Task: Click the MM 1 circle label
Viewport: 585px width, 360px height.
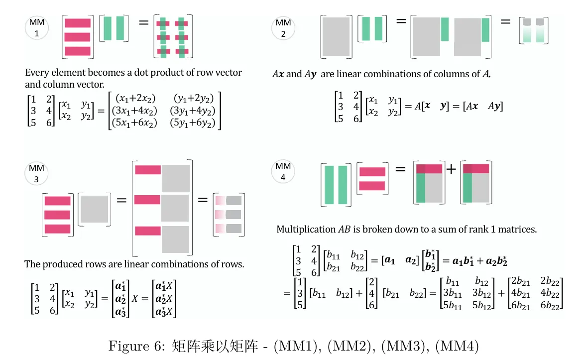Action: [36, 28]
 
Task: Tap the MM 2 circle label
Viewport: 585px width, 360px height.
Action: [283, 28]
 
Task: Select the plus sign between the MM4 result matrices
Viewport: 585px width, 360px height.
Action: [451, 169]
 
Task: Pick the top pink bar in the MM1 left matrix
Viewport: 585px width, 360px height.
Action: [78, 23]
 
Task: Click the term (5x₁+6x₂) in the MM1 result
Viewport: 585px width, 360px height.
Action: [136, 123]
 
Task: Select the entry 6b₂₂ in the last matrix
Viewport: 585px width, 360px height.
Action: [550, 305]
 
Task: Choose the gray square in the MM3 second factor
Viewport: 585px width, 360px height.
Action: [94, 209]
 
